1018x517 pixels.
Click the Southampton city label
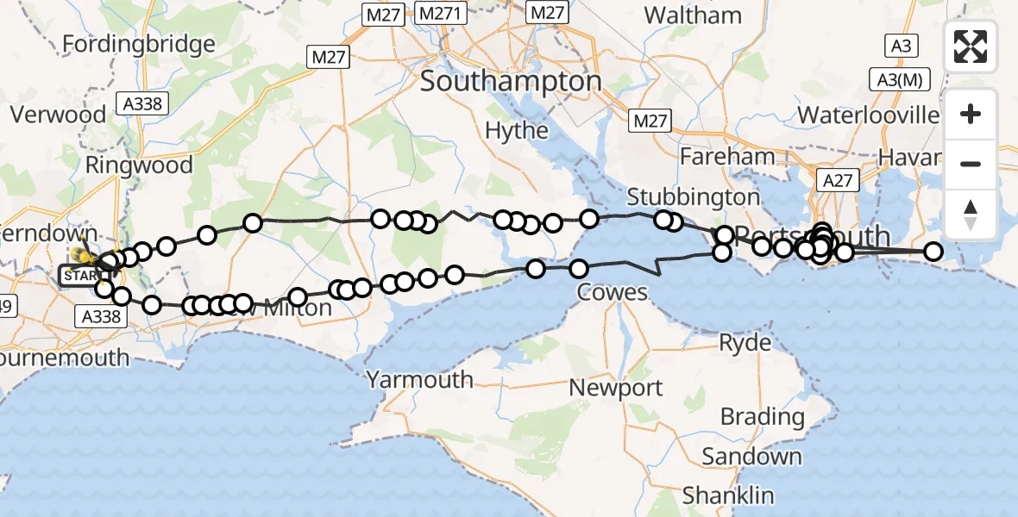coord(511,83)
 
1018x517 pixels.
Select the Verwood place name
coord(58,115)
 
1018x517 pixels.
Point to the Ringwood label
coord(138,165)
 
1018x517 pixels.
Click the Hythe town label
coord(517,130)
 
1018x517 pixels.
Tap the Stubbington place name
coord(694,196)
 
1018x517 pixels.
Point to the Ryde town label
coord(745,343)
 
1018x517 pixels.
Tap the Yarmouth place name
coord(420,379)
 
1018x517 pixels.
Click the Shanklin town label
coord(728,495)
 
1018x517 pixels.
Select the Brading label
coord(762,418)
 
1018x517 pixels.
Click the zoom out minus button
coord(971,164)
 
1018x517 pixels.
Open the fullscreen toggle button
coord(971,47)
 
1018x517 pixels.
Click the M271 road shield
coord(441,13)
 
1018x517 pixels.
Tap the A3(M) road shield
coord(900,80)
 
